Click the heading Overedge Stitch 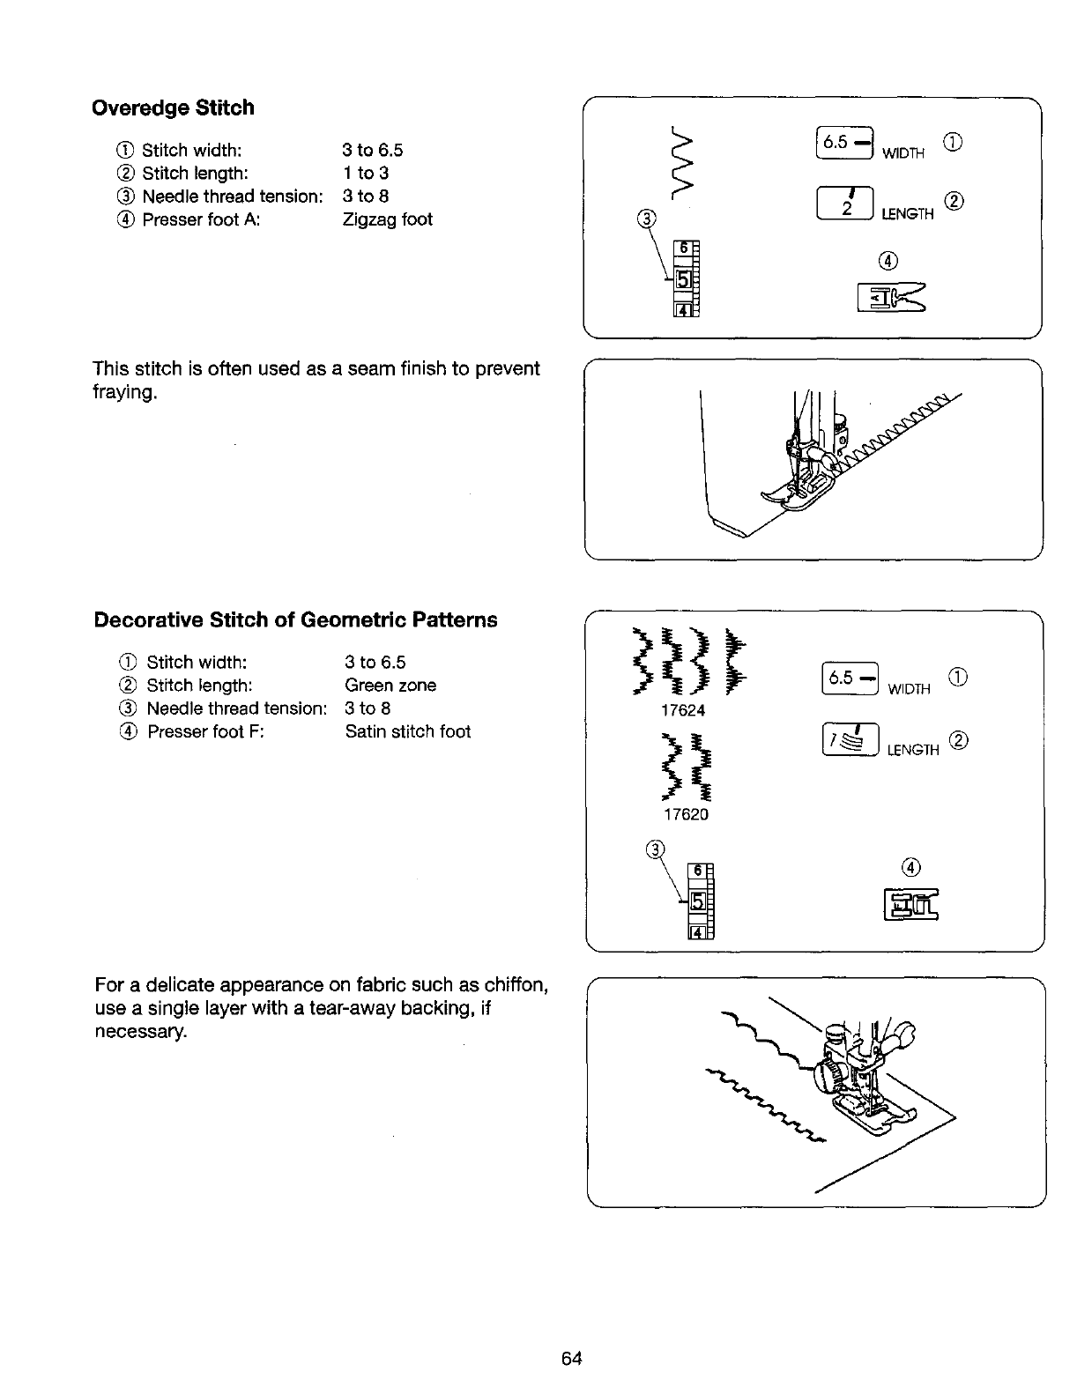point(173,108)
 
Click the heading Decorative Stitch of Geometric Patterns point(295,620)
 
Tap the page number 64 point(572,1358)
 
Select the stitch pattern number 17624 point(684,710)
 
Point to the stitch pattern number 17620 point(685,815)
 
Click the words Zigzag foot point(387,219)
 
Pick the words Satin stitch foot point(407,731)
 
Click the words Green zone point(390,686)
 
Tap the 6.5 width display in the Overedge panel point(843,143)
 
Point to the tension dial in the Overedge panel point(686,278)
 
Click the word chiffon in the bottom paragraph point(519,983)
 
